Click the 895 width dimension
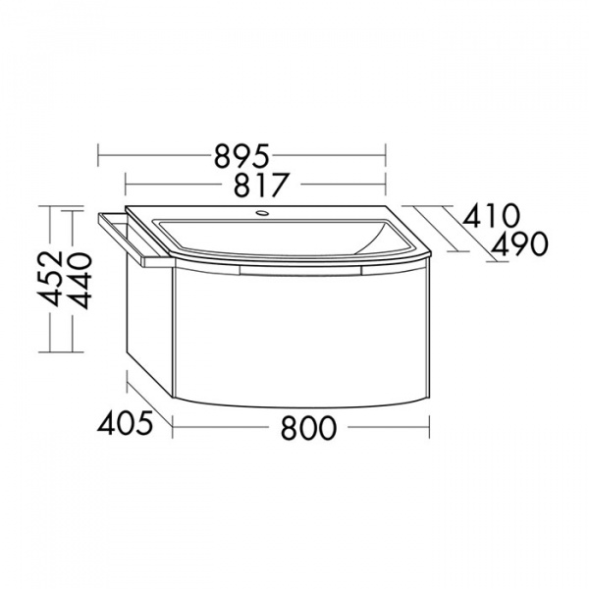click(x=241, y=155)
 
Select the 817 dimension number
click(x=262, y=185)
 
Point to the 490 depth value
click(x=519, y=243)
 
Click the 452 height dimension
click(x=51, y=278)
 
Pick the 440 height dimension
click(x=80, y=281)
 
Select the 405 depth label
click(x=125, y=422)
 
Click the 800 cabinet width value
click(x=308, y=427)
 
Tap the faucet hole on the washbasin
click(x=262, y=214)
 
